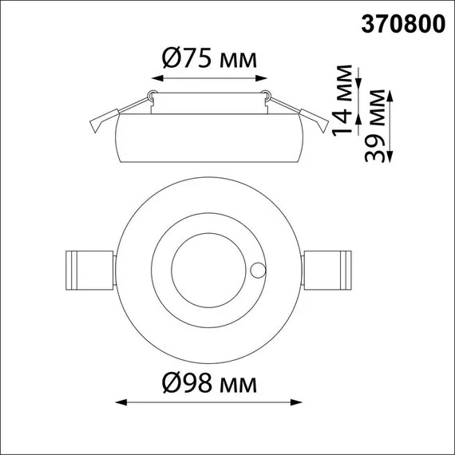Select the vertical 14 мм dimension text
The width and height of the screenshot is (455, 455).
[x=342, y=100]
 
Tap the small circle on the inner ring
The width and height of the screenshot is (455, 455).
[x=258, y=270]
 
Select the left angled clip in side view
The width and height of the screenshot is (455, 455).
[x=103, y=120]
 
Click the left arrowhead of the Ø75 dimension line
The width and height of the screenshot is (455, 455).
[x=155, y=78]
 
